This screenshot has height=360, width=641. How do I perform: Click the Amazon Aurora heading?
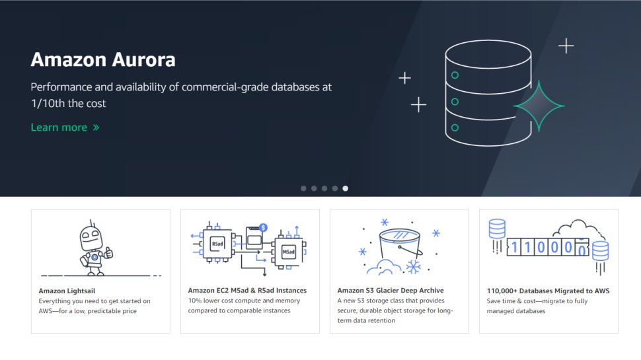point(103,60)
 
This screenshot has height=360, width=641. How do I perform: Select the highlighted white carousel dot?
point(346,188)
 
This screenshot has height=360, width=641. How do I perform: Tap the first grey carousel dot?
point(303,188)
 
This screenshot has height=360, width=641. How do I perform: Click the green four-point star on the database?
point(539,106)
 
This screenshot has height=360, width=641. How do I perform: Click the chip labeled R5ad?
point(217,243)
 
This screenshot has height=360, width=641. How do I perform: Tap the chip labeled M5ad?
point(289,252)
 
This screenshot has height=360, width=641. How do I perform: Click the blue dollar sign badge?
point(263,227)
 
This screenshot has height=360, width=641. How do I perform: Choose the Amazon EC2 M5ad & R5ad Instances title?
point(247,291)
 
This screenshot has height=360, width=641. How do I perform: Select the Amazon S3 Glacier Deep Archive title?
point(391,291)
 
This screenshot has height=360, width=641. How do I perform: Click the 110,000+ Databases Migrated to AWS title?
point(548,291)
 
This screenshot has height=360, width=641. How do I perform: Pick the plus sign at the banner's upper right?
point(566,46)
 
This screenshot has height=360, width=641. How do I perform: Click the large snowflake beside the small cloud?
point(414,267)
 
